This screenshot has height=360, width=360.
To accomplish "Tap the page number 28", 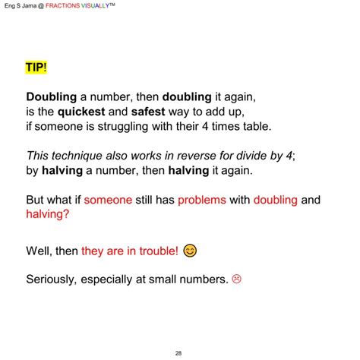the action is (x=178, y=352).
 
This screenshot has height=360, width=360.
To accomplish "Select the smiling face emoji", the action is (x=191, y=250).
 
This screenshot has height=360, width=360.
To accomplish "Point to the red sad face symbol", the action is (x=237, y=279).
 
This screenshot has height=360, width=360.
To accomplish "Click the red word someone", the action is (x=108, y=201).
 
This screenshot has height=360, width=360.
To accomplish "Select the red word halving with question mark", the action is (x=51, y=214).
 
